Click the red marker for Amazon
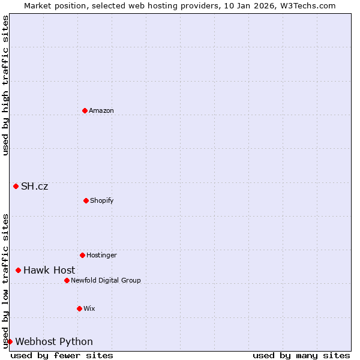[85, 110]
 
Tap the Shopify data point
[86, 200]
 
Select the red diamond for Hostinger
[83, 255]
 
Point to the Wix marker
[80, 308]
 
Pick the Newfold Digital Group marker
[67, 280]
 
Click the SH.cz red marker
[16, 186]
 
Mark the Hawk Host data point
[19, 270]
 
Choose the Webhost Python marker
[10, 341]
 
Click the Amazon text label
[101, 111]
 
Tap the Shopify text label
[102, 201]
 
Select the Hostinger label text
[101, 256]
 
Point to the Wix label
[89, 309]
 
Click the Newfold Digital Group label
[106, 281]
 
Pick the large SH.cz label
[35, 187]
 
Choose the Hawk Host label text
[49, 271]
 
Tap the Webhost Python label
[54, 342]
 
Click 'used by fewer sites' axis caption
[62, 355]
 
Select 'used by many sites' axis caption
[301, 355]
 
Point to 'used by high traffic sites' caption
[5, 85]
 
